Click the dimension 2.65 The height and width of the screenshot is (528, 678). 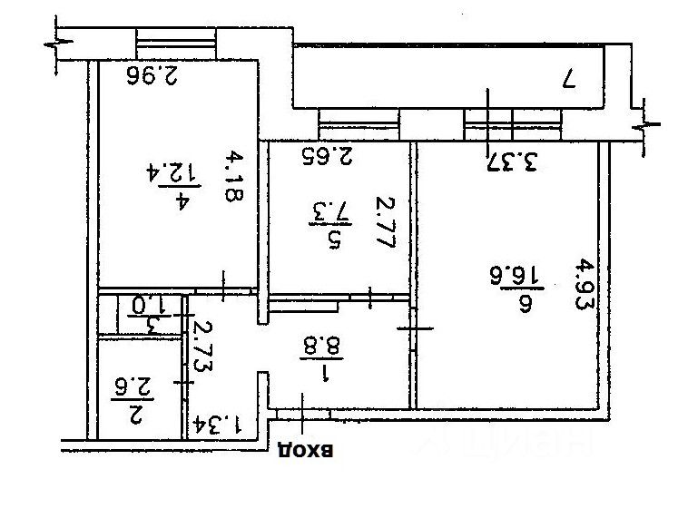coord(325,155)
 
